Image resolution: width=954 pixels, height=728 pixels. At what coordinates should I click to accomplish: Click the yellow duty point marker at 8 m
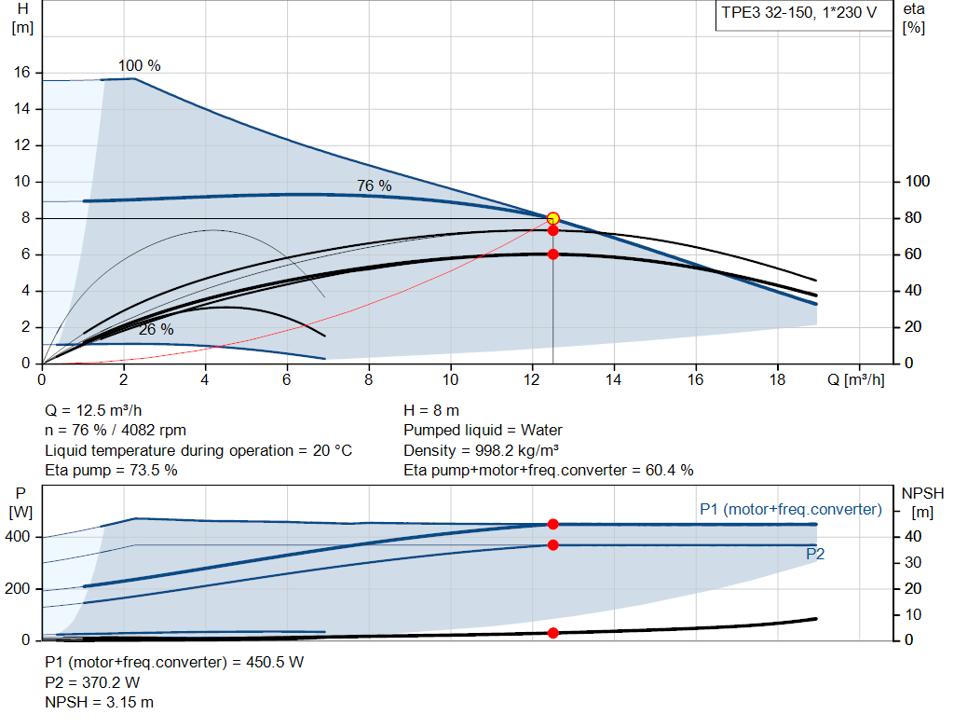[x=552, y=218]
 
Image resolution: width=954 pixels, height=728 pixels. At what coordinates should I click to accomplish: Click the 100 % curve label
[x=139, y=66]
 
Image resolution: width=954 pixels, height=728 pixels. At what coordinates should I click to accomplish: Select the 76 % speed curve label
[x=374, y=186]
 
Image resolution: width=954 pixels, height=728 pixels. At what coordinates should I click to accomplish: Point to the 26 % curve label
[x=156, y=330]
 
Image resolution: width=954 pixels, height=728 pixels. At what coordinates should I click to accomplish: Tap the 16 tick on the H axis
[x=23, y=73]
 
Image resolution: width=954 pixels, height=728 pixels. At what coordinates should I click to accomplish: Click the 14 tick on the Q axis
[x=614, y=379]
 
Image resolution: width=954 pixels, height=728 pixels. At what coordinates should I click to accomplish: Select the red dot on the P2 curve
[x=552, y=544]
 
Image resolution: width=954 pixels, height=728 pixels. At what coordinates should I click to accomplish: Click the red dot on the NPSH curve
[x=552, y=633]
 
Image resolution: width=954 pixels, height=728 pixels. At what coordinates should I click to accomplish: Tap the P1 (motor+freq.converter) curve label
[x=790, y=509]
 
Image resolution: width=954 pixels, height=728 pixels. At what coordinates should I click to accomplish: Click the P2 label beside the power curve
[x=815, y=554]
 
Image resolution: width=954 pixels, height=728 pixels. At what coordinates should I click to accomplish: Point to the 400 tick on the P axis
[x=20, y=537]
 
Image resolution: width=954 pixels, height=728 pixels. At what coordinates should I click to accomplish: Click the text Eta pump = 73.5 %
[x=112, y=471]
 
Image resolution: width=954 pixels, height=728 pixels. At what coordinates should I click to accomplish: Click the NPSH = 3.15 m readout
[x=100, y=702]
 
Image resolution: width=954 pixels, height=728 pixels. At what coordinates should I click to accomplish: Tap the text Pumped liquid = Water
[x=483, y=430]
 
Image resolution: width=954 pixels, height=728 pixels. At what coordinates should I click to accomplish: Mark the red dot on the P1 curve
[x=552, y=525]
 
